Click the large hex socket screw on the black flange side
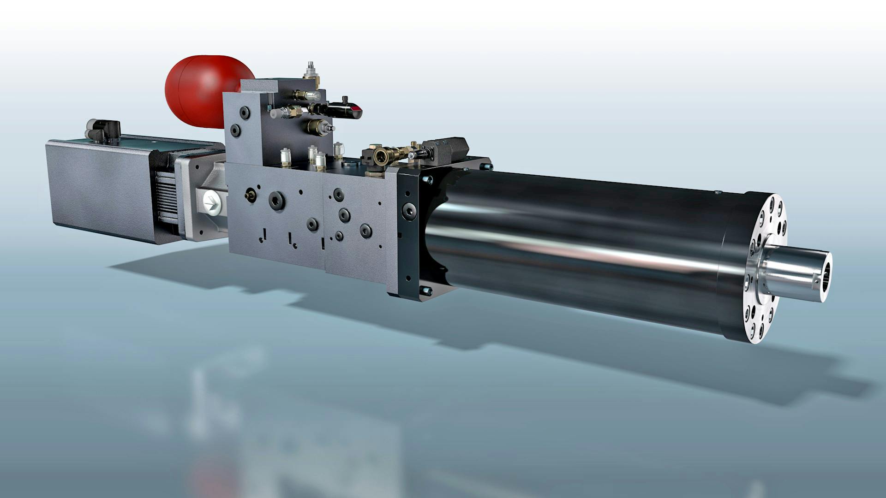(408, 210)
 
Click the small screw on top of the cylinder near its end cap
(718, 192)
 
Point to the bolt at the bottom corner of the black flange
(425, 290)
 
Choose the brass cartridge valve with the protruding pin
(318, 125)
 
